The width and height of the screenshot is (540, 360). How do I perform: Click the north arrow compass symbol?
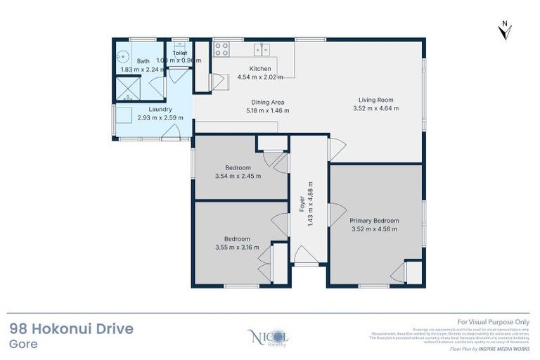coord(504,29)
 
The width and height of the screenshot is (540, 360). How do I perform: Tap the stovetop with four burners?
coord(221,49)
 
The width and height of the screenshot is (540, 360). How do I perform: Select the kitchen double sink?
coord(264,49)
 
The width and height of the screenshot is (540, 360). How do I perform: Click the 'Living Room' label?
coord(375,100)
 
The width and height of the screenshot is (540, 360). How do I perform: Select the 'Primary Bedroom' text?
coord(375,220)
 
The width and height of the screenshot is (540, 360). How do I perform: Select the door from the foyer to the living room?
coord(336,149)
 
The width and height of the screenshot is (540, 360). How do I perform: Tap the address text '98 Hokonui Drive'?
coord(71,329)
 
